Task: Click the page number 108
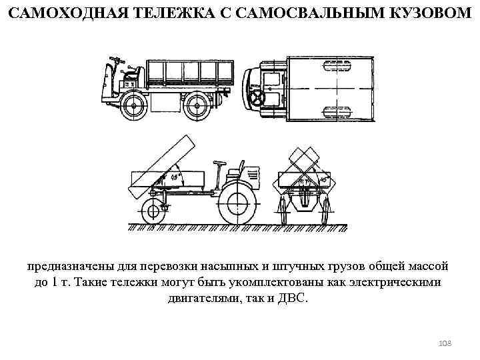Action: point(445,343)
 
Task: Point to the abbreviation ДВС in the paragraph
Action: point(294,297)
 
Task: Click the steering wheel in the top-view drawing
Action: point(257,98)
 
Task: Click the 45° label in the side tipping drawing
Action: point(176,177)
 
